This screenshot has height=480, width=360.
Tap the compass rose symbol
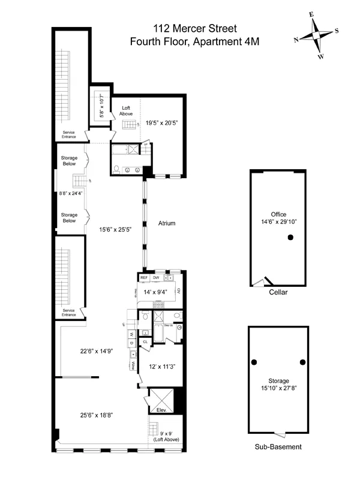(316, 36)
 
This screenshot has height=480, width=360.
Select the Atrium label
(167, 223)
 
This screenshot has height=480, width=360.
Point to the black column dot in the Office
(290, 238)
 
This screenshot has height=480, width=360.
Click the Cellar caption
(278, 293)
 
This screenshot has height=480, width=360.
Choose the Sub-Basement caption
(278, 447)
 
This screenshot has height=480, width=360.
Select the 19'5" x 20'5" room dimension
(162, 122)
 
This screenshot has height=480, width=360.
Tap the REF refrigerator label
(144, 278)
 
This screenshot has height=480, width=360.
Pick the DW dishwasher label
(156, 278)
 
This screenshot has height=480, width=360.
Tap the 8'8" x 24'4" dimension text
(71, 193)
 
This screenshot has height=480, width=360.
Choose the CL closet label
(145, 342)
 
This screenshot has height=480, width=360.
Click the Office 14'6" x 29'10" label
(278, 218)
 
